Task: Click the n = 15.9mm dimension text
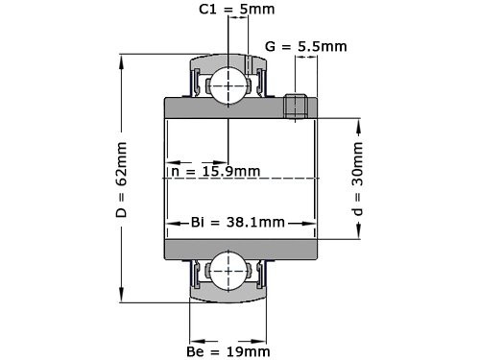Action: (215, 171)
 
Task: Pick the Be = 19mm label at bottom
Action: (228, 351)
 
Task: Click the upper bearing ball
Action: (228, 83)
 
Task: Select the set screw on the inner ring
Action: (296, 106)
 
